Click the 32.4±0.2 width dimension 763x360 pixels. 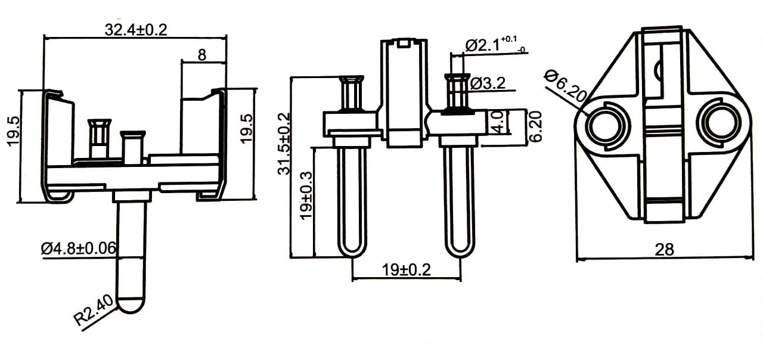tap(136, 30)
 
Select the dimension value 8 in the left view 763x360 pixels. tap(202, 55)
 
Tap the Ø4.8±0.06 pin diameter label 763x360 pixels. tap(78, 249)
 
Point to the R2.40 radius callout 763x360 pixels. tap(94, 310)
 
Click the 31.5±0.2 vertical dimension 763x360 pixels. tap(284, 144)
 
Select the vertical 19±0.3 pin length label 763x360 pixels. tap(306, 195)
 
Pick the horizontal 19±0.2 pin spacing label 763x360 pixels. tap(407, 270)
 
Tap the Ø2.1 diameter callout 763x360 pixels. tap(495, 45)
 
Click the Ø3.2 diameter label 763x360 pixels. tap(488, 83)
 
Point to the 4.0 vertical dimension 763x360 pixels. tap(498, 122)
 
